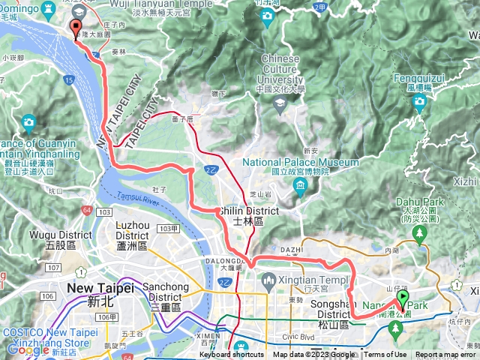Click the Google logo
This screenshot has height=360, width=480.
coord(28,350)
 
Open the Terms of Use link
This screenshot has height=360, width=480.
coord(385,355)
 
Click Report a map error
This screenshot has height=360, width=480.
coord(445,355)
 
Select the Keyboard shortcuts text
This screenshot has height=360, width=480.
coord(232,355)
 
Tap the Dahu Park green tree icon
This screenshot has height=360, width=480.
coord(421,235)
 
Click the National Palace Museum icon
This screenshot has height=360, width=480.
coord(301,185)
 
